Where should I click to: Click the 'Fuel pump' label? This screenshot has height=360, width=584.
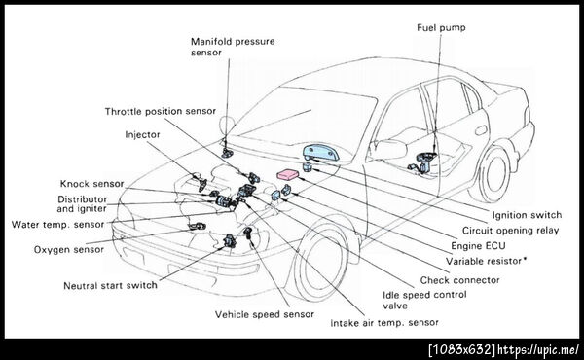pyautogui.click(x=441, y=28)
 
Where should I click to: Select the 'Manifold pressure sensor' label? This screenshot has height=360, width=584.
pyautogui.click(x=233, y=47)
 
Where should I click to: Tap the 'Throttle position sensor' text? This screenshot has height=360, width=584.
pyautogui.click(x=161, y=111)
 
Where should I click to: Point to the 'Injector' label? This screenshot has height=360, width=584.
pyautogui.click(x=142, y=134)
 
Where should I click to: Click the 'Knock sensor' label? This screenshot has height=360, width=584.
pyautogui.click(x=92, y=184)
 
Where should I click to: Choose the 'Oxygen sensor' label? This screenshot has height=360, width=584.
pyautogui.click(x=69, y=249)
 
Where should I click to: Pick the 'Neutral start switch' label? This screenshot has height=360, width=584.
pyautogui.click(x=110, y=285)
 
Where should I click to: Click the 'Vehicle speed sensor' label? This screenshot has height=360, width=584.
pyautogui.click(x=265, y=314)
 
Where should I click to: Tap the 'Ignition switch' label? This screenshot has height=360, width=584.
pyautogui.click(x=527, y=215)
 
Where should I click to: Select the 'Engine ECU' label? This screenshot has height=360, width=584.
pyautogui.click(x=478, y=246)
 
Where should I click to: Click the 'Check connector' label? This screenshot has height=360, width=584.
pyautogui.click(x=460, y=280)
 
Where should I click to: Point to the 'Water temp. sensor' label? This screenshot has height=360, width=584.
pyautogui.click(x=57, y=225)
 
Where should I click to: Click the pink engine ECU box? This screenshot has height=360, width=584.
pyautogui.click(x=288, y=174)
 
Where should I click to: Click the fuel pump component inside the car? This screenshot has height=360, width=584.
pyautogui.click(x=423, y=162)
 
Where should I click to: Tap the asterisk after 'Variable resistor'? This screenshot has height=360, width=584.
pyautogui.click(x=525, y=259)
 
